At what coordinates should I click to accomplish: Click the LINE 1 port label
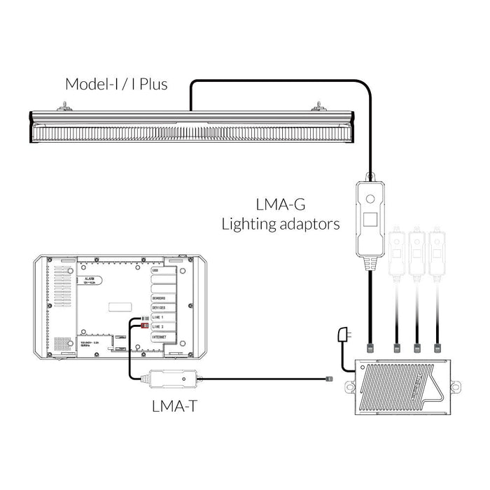click(158, 317)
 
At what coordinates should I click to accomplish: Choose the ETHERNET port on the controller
click(161, 337)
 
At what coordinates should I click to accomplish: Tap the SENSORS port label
click(160, 297)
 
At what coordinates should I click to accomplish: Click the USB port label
click(155, 269)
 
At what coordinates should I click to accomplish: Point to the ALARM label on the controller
click(90, 279)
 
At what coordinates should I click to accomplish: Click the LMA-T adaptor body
click(171, 379)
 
